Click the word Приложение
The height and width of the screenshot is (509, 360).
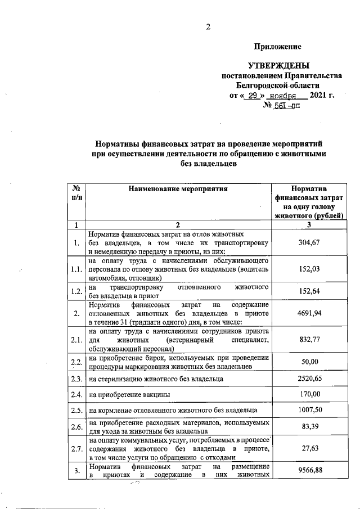(x=277, y=47)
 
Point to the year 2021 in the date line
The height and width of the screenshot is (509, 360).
(x=318, y=95)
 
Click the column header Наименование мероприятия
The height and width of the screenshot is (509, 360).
(x=178, y=189)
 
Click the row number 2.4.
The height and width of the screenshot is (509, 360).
(x=77, y=395)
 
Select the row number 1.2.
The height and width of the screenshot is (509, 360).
(x=77, y=291)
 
